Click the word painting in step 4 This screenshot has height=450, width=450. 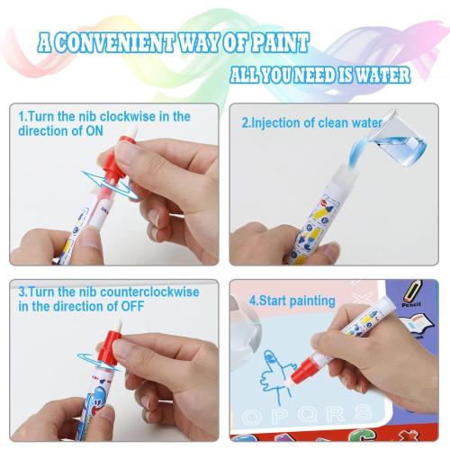point(305,301)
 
